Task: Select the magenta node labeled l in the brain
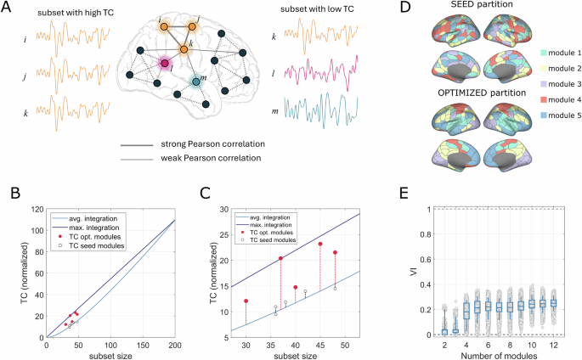[167, 63]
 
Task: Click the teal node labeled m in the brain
[196, 82]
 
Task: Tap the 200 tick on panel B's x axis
[175, 346]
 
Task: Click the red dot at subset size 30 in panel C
[246, 301]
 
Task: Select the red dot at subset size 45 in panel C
[320, 245]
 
